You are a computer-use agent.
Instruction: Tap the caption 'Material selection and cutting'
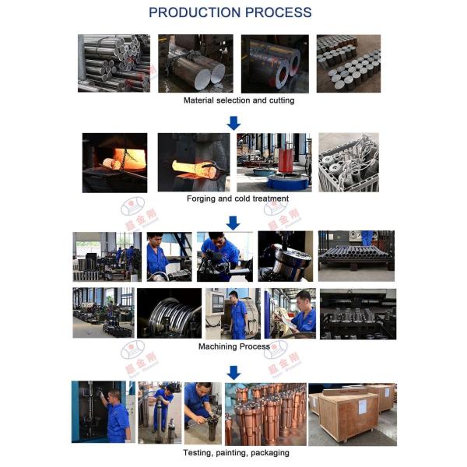[238, 100]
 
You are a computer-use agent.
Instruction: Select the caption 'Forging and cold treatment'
[237, 198]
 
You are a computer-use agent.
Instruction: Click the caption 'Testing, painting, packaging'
[236, 452]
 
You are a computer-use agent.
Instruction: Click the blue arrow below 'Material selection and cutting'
[233, 122]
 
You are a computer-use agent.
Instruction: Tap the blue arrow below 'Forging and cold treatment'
[233, 222]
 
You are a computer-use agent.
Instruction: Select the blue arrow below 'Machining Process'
[233, 371]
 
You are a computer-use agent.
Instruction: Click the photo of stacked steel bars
[114, 63]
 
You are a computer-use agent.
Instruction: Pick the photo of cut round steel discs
[348, 63]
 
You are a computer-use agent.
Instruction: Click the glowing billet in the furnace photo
[113, 163]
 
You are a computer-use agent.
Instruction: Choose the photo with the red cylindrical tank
[273, 162]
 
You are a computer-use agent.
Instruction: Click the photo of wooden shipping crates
[353, 413]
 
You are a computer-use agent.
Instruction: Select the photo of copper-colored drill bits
[265, 413]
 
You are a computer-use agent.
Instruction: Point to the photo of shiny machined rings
[169, 313]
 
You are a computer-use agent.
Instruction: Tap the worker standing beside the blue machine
[116, 416]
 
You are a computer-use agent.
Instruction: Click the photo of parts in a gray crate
[348, 162]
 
